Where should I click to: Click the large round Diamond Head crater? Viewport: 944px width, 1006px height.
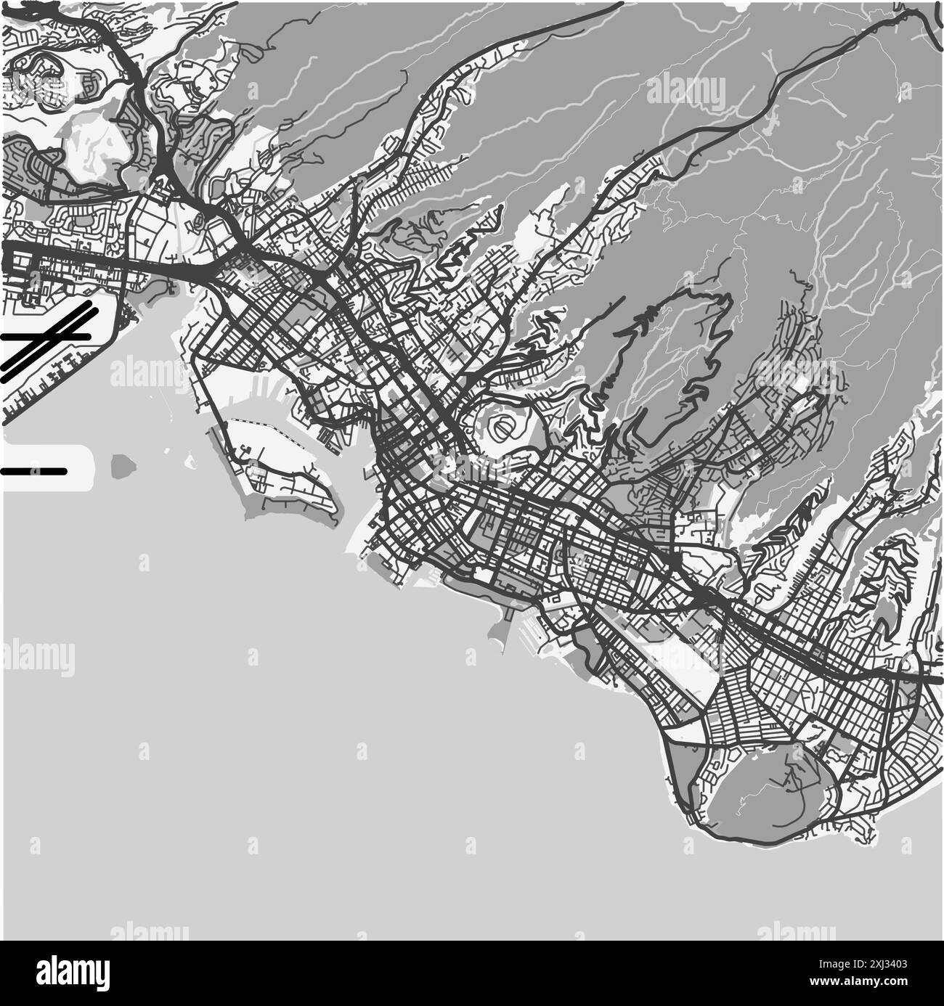(x=770, y=798)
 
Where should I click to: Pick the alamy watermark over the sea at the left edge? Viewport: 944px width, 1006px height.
(x=36, y=657)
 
